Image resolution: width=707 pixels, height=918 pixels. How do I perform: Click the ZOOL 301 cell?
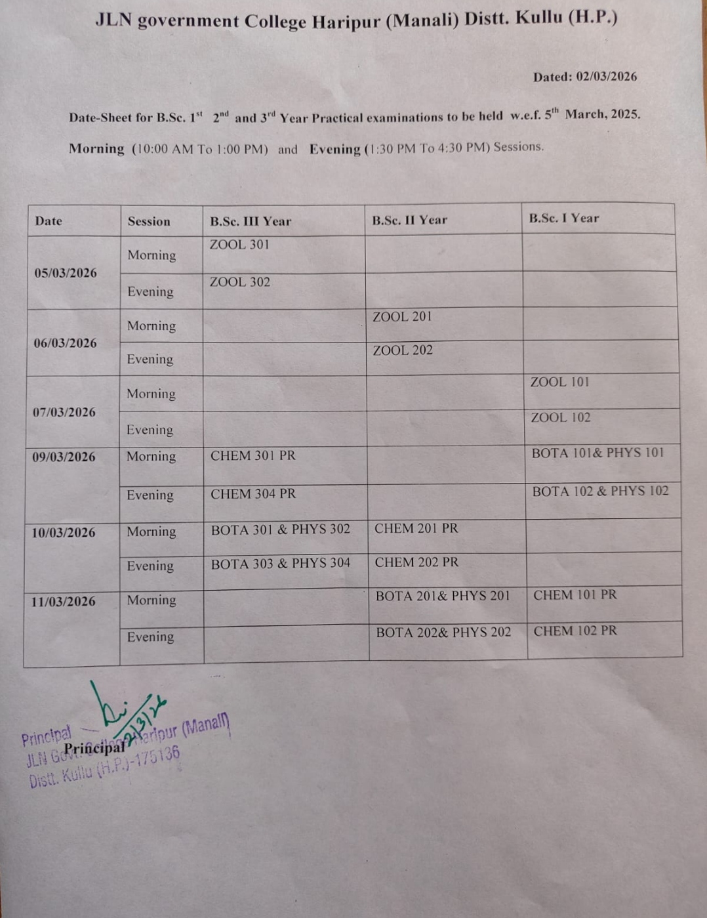239,245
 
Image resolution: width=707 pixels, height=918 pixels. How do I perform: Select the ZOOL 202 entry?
403,350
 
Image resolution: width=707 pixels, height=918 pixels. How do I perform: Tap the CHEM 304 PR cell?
253,493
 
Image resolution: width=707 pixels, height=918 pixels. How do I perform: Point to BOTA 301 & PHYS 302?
280,529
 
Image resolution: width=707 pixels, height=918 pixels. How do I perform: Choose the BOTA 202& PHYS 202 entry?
443,633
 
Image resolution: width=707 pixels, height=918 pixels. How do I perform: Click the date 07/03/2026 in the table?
64,412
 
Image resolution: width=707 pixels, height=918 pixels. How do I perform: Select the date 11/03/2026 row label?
63,601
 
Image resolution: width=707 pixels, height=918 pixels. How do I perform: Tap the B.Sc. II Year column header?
409,220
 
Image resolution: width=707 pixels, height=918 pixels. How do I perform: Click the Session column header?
149,222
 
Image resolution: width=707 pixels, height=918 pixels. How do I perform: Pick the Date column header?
49,221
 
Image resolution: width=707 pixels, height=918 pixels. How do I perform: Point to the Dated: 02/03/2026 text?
584,77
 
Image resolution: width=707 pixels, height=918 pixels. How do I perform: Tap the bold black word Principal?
94,748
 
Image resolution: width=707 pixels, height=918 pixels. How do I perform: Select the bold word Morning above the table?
96,149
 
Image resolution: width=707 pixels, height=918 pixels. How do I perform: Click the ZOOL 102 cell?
560,417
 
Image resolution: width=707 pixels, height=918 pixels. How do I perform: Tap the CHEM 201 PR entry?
416,528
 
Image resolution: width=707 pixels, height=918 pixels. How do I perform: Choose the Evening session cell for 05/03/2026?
150,292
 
